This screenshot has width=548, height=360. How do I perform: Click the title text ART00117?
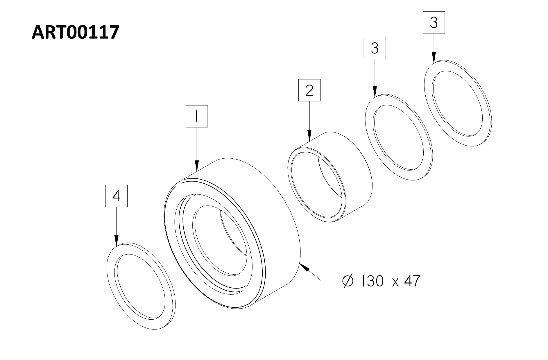tap(75, 32)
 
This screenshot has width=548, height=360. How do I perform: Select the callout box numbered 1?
tap(197, 116)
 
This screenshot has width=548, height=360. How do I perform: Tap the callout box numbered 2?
tap(309, 90)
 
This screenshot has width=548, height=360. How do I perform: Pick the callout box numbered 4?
tap(116, 196)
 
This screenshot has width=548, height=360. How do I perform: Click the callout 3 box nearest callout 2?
tap(375, 48)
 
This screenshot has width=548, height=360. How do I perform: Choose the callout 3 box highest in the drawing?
tap(434, 22)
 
